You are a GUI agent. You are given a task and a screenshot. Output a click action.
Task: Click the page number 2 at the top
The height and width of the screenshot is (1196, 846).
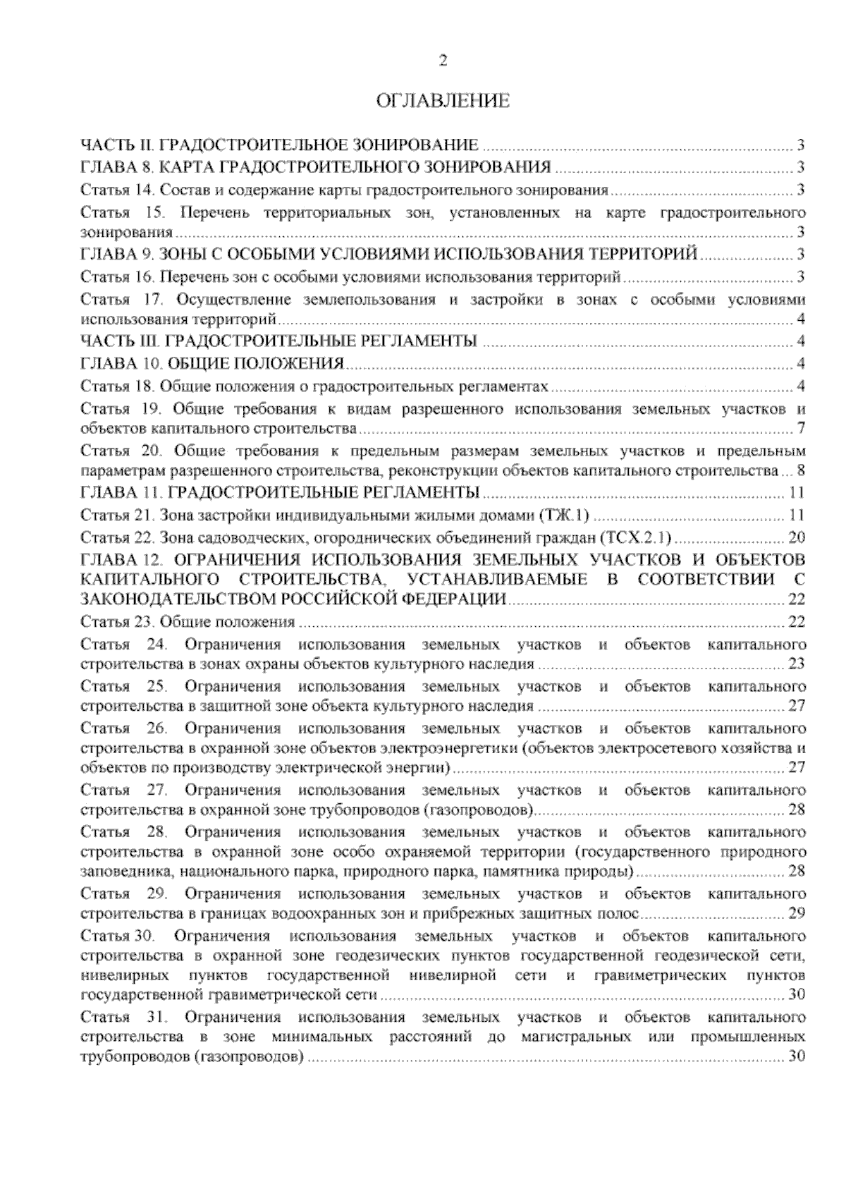click(443, 61)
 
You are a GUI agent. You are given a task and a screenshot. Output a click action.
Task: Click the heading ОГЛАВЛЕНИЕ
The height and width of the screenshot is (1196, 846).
click(443, 102)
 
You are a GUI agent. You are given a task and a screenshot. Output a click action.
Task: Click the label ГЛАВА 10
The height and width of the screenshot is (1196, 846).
click(121, 364)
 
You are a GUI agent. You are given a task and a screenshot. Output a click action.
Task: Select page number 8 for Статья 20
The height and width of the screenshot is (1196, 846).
click(801, 471)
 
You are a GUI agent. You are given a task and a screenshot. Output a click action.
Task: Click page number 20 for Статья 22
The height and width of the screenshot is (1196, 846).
click(797, 538)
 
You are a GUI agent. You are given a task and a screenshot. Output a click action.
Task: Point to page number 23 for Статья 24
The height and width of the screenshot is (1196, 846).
click(797, 664)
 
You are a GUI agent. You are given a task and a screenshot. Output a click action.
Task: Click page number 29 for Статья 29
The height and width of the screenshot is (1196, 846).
click(797, 915)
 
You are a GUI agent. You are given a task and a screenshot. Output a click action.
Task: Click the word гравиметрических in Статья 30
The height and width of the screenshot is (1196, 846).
click(660, 976)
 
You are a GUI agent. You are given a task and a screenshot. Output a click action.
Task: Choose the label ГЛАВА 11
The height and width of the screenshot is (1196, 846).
click(121, 492)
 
